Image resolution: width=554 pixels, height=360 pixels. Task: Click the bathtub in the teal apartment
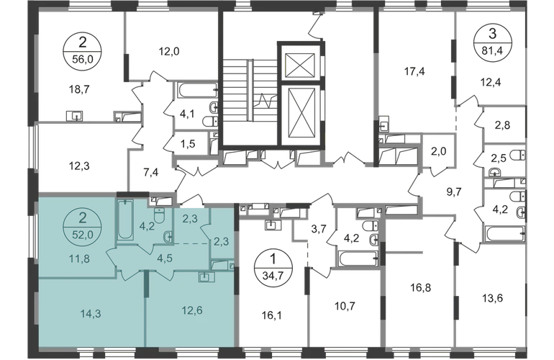click(124, 219)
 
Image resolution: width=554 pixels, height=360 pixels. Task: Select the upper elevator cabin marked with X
click(299, 63)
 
